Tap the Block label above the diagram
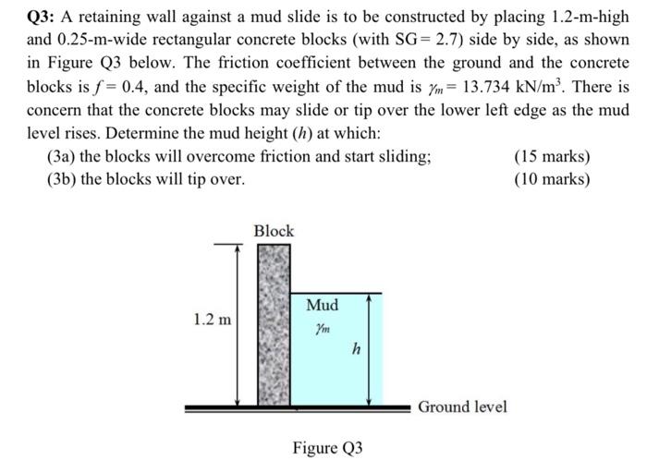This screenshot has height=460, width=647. coord(274,231)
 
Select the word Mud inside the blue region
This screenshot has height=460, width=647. coord(322,305)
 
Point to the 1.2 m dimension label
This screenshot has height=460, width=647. coord(213,321)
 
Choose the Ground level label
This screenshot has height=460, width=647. coord(462,406)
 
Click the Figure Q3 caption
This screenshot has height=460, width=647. coord(328,448)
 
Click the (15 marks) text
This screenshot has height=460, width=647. coord(553,157)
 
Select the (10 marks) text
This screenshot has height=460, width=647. coord(553,178)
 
